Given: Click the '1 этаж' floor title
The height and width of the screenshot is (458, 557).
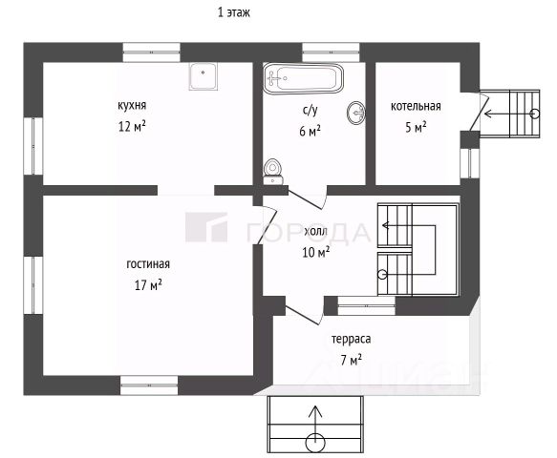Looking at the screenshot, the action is tap(234, 12).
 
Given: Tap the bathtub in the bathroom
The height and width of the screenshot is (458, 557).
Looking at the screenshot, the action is tap(304, 78).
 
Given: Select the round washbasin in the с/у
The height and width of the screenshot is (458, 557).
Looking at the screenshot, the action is tap(356, 113).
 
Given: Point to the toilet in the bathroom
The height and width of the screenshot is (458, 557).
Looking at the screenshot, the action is tap(273, 171).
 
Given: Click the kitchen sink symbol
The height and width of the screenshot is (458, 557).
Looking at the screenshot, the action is tap(203, 76).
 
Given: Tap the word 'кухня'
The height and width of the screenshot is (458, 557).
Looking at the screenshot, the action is tap(132, 105).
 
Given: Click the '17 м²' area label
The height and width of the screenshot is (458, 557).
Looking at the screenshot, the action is tap(148, 284).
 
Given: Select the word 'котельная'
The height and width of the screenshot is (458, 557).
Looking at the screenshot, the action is tap(416, 106).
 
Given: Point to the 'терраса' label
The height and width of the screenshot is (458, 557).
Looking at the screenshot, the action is tap(352, 339).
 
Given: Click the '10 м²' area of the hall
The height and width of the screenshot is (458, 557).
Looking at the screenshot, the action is tap(316, 252).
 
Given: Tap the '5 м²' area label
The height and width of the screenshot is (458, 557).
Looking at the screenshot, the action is tap(416, 127).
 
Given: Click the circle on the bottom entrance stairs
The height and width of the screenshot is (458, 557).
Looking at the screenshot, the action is tap(315, 443).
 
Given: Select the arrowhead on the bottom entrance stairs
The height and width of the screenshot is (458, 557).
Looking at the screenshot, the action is tap(315, 411).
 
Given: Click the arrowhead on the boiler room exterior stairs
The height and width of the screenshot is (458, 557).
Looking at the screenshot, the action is tap(488, 114).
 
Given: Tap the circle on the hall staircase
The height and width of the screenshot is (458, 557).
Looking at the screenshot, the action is tap(382, 274).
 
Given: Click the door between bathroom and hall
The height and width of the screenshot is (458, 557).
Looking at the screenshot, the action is tap(308, 198).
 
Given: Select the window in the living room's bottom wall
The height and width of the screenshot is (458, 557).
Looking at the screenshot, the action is tap(149, 385).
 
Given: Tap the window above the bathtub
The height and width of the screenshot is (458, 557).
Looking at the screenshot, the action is tap(331, 52).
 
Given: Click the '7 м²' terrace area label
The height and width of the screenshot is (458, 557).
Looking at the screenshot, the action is tap(352, 360).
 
